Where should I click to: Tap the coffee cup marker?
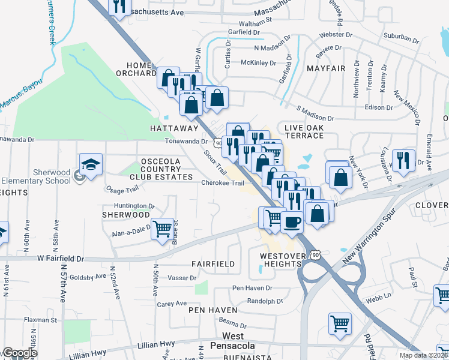(292, 222)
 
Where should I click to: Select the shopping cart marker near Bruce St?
(162, 229)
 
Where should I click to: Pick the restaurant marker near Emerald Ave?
(402, 160)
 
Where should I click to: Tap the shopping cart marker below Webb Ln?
(340, 323)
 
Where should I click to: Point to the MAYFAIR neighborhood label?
(326, 68)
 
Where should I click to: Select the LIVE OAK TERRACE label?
(304, 131)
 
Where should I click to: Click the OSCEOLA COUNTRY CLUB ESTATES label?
(167, 169)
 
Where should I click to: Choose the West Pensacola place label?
(239, 341)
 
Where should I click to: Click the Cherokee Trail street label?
(223, 183)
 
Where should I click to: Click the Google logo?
(20, 353)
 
